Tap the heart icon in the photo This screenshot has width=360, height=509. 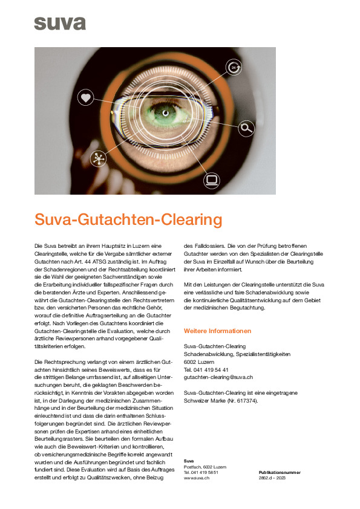85,97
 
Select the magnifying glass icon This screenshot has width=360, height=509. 246,127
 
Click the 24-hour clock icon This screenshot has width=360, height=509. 234,68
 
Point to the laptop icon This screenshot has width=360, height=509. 211,179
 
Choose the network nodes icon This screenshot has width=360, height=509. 97,158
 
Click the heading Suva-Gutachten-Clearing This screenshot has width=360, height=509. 128,219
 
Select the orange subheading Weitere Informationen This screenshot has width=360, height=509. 217,331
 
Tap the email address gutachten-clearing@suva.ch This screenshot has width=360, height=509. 218,377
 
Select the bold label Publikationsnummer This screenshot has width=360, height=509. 280,472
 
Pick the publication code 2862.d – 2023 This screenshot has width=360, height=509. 272,478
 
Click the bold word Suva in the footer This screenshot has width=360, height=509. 188,461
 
